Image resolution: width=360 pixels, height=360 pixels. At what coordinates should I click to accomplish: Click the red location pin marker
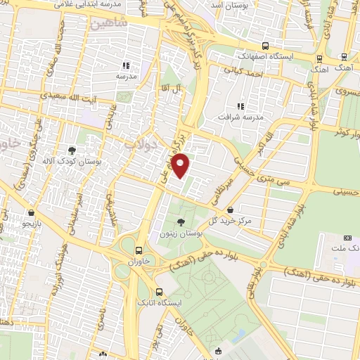[182, 165]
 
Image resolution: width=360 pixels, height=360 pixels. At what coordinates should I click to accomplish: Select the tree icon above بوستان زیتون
[182, 221]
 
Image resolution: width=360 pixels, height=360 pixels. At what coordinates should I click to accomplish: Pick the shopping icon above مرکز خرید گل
[231, 209]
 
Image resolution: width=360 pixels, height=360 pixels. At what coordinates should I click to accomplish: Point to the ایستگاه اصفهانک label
[262, 54]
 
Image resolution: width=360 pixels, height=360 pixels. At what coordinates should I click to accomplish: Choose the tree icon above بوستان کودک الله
[72, 150]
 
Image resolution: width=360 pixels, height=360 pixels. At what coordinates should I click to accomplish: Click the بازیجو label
[31, 224]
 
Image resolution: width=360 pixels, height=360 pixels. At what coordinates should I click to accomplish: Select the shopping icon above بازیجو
[31, 212]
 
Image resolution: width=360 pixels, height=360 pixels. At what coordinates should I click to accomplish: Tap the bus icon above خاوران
[137, 250]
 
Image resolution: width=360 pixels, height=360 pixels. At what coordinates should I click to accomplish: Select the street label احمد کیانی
[243, 70]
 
